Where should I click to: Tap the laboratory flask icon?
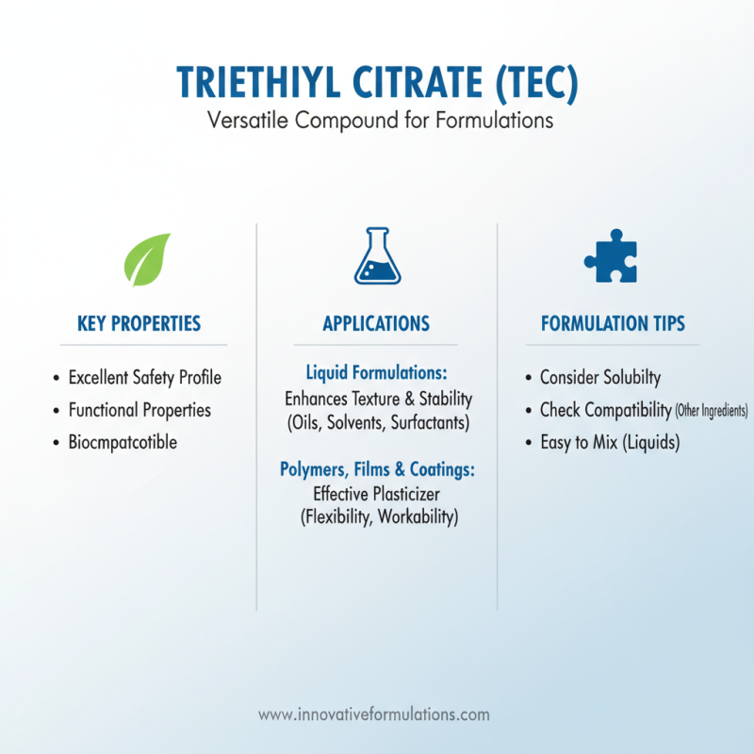click(377, 256)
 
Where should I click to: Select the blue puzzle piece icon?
click(611, 256)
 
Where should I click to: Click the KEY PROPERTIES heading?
click(139, 323)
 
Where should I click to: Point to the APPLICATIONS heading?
click(376, 323)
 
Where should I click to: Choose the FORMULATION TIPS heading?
click(613, 323)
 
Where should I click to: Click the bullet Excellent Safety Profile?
click(144, 378)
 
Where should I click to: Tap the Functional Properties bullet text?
click(139, 410)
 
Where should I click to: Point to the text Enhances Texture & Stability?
click(378, 399)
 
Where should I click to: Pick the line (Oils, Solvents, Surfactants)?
click(377, 423)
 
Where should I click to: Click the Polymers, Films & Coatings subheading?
click(377, 468)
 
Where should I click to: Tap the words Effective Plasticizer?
click(377, 493)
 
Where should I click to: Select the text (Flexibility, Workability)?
click(377, 517)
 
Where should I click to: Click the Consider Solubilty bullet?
click(600, 378)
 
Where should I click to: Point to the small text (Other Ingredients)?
click(712, 411)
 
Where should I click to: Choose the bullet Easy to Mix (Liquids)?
click(609, 442)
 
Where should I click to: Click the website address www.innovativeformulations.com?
click(374, 714)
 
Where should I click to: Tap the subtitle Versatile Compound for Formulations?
click(377, 123)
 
